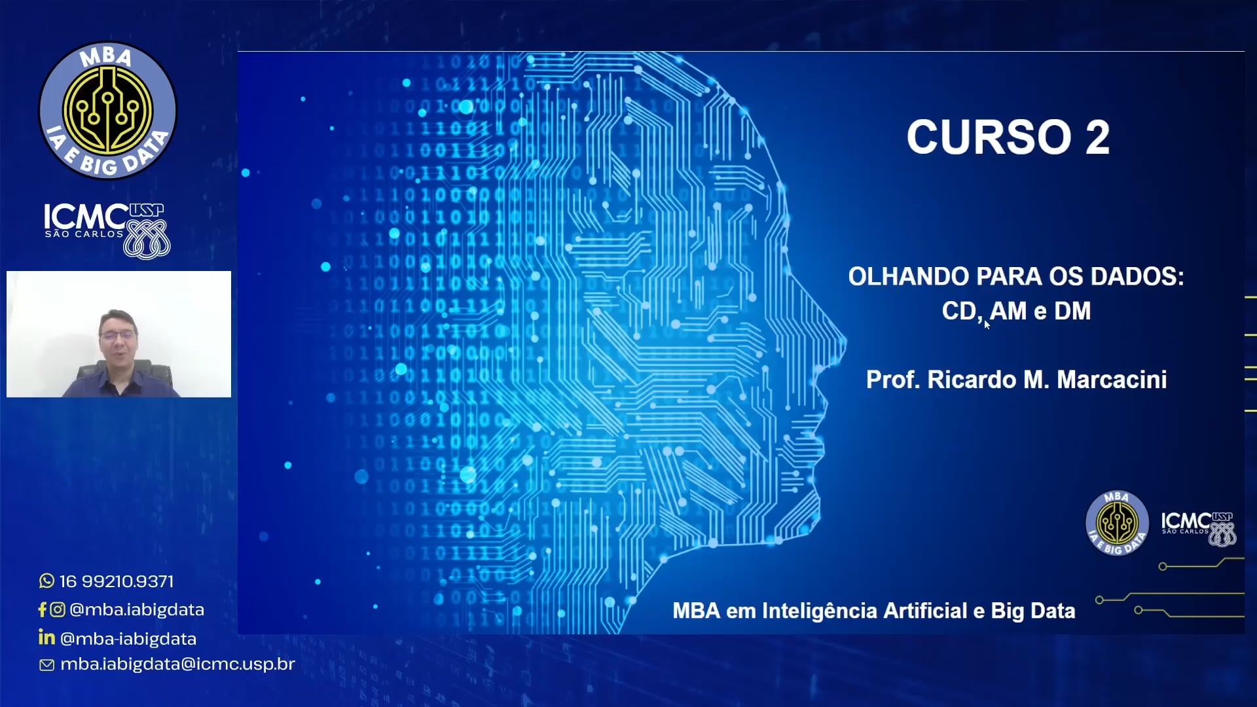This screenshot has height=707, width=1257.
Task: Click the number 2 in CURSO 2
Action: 1097,137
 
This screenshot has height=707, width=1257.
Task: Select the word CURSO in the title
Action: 989,137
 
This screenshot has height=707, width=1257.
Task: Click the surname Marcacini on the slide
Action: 1112,380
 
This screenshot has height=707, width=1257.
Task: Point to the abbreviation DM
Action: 1072,311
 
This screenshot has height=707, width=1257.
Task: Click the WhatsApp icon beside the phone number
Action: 46,581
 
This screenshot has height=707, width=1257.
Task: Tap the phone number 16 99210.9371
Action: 117,581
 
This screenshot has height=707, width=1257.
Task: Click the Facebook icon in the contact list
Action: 43,609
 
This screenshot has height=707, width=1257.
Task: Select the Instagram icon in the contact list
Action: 58,609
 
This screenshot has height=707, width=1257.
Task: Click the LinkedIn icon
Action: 46,638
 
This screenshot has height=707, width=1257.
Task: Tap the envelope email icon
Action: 46,665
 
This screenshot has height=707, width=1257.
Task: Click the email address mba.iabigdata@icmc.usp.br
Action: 177,664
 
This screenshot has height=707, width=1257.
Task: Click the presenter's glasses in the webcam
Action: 118,335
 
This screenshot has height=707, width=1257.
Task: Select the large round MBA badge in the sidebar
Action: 108,110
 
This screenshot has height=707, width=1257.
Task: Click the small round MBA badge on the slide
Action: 1117,522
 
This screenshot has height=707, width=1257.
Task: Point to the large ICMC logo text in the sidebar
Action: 85,217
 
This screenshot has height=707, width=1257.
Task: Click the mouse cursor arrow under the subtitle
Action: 987,324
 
